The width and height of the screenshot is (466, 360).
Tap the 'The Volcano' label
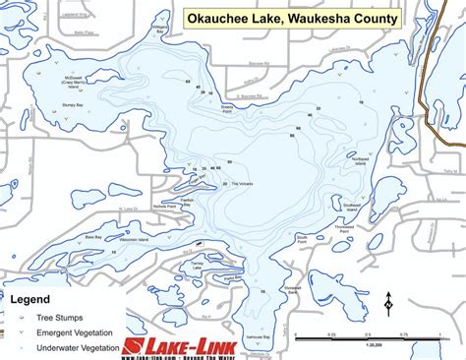coord(241,184)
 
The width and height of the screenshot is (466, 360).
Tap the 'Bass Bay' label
coord(93,237)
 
